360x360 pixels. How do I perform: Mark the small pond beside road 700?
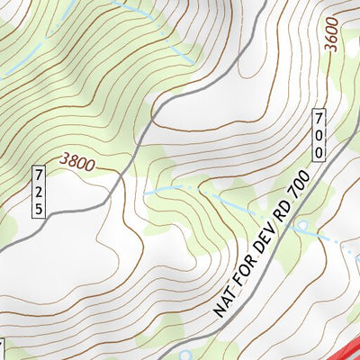(303, 226)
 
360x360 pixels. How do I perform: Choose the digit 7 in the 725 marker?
(39, 175)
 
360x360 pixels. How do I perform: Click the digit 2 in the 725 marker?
(39, 191)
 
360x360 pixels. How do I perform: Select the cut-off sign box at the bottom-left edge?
(2, 349)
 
